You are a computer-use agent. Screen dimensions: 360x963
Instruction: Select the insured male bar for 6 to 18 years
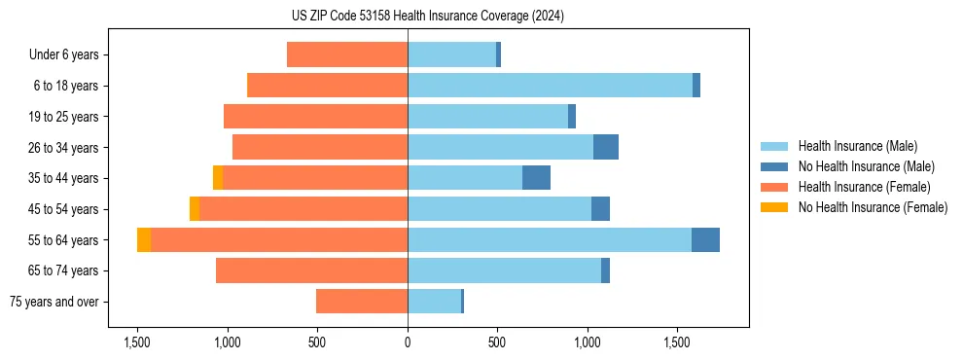[x=550, y=86]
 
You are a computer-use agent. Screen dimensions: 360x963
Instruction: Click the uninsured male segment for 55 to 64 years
[x=705, y=239]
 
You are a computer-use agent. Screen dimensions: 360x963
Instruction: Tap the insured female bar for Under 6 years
[x=347, y=54]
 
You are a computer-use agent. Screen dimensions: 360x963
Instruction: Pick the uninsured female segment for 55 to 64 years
[x=144, y=239]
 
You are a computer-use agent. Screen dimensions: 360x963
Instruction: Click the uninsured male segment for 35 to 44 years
[x=536, y=178]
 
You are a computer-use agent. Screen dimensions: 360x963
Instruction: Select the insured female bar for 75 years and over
[x=362, y=302]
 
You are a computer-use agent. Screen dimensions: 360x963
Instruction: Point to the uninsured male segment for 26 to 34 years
[x=606, y=147]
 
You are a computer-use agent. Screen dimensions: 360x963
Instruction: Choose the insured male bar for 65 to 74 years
[x=504, y=270]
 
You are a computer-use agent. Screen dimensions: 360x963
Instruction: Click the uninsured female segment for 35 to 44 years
[x=218, y=178]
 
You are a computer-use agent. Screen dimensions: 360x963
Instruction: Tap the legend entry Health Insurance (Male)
[x=857, y=146]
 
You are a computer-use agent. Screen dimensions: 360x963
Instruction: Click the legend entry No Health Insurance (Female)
[x=873, y=207]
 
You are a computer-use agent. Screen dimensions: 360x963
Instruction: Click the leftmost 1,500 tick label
[x=137, y=342]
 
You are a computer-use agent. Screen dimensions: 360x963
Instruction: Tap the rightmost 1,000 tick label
[x=588, y=342]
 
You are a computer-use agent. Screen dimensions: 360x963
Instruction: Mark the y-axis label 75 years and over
[x=54, y=302]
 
